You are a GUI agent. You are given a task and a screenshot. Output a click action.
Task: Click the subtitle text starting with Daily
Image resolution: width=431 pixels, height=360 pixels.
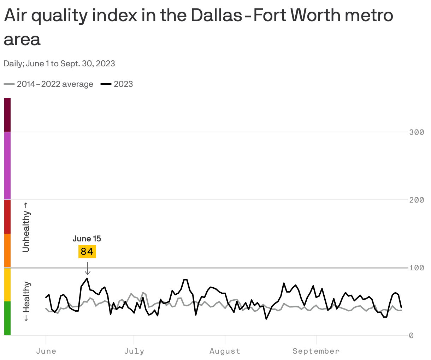click(59, 64)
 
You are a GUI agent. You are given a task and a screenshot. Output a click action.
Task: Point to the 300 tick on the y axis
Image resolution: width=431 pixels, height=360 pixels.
click(416, 132)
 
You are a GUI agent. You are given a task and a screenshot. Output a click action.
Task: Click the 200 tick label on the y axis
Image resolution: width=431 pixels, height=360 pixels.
click(416, 200)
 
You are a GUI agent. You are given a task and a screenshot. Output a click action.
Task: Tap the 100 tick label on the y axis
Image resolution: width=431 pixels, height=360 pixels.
click(416, 268)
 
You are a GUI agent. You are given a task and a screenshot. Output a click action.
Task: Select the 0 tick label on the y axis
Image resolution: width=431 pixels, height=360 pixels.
click(411, 335)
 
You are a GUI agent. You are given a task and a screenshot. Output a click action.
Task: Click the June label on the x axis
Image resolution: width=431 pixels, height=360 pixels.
click(46, 351)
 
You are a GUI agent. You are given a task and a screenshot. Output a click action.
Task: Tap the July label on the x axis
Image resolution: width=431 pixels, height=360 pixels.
click(134, 351)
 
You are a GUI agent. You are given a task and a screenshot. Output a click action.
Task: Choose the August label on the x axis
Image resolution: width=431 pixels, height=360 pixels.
click(225, 351)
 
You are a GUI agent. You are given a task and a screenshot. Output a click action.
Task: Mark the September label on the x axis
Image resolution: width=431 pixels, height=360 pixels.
click(316, 351)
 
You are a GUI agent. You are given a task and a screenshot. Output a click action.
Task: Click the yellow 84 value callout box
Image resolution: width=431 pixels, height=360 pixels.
click(87, 252)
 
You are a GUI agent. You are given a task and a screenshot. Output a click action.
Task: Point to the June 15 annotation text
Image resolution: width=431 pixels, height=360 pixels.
click(87, 239)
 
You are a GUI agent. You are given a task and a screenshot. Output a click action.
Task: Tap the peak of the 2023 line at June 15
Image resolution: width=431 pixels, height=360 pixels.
click(87, 278)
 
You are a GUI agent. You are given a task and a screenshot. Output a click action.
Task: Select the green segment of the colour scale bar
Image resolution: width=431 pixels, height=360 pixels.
click(7, 318)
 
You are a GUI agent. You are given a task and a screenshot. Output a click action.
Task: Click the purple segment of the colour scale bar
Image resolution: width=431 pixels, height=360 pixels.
click(7, 166)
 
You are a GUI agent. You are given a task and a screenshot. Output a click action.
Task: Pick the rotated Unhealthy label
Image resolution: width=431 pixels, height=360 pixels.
click(26, 227)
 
